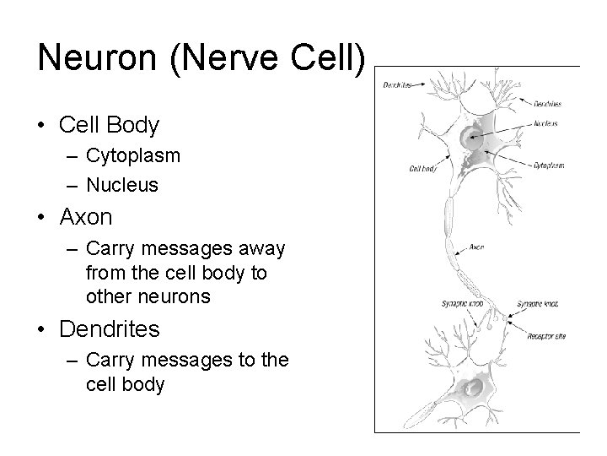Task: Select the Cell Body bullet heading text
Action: (110, 126)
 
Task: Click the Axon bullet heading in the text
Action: (86, 217)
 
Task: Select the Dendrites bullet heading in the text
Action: (110, 327)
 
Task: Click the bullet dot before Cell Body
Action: (42, 127)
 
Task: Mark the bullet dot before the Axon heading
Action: (42, 218)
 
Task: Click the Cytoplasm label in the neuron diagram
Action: (549, 166)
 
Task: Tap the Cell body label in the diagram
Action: (422, 169)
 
